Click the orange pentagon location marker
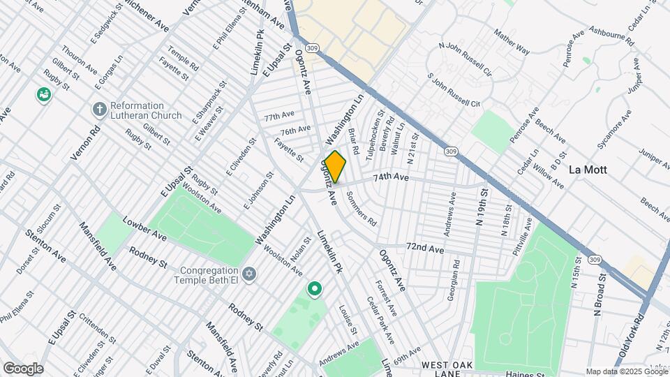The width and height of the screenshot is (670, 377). coord(335,167)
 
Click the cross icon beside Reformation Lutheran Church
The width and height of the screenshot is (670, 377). coord(99,110)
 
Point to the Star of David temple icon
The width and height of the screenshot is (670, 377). coord(249,272)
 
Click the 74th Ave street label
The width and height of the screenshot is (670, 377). coord(391,177)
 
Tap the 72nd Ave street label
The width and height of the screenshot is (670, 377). coord(425,248)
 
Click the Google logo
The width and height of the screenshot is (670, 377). coord(23,369)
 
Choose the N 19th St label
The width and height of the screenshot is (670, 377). coord(481,209)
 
